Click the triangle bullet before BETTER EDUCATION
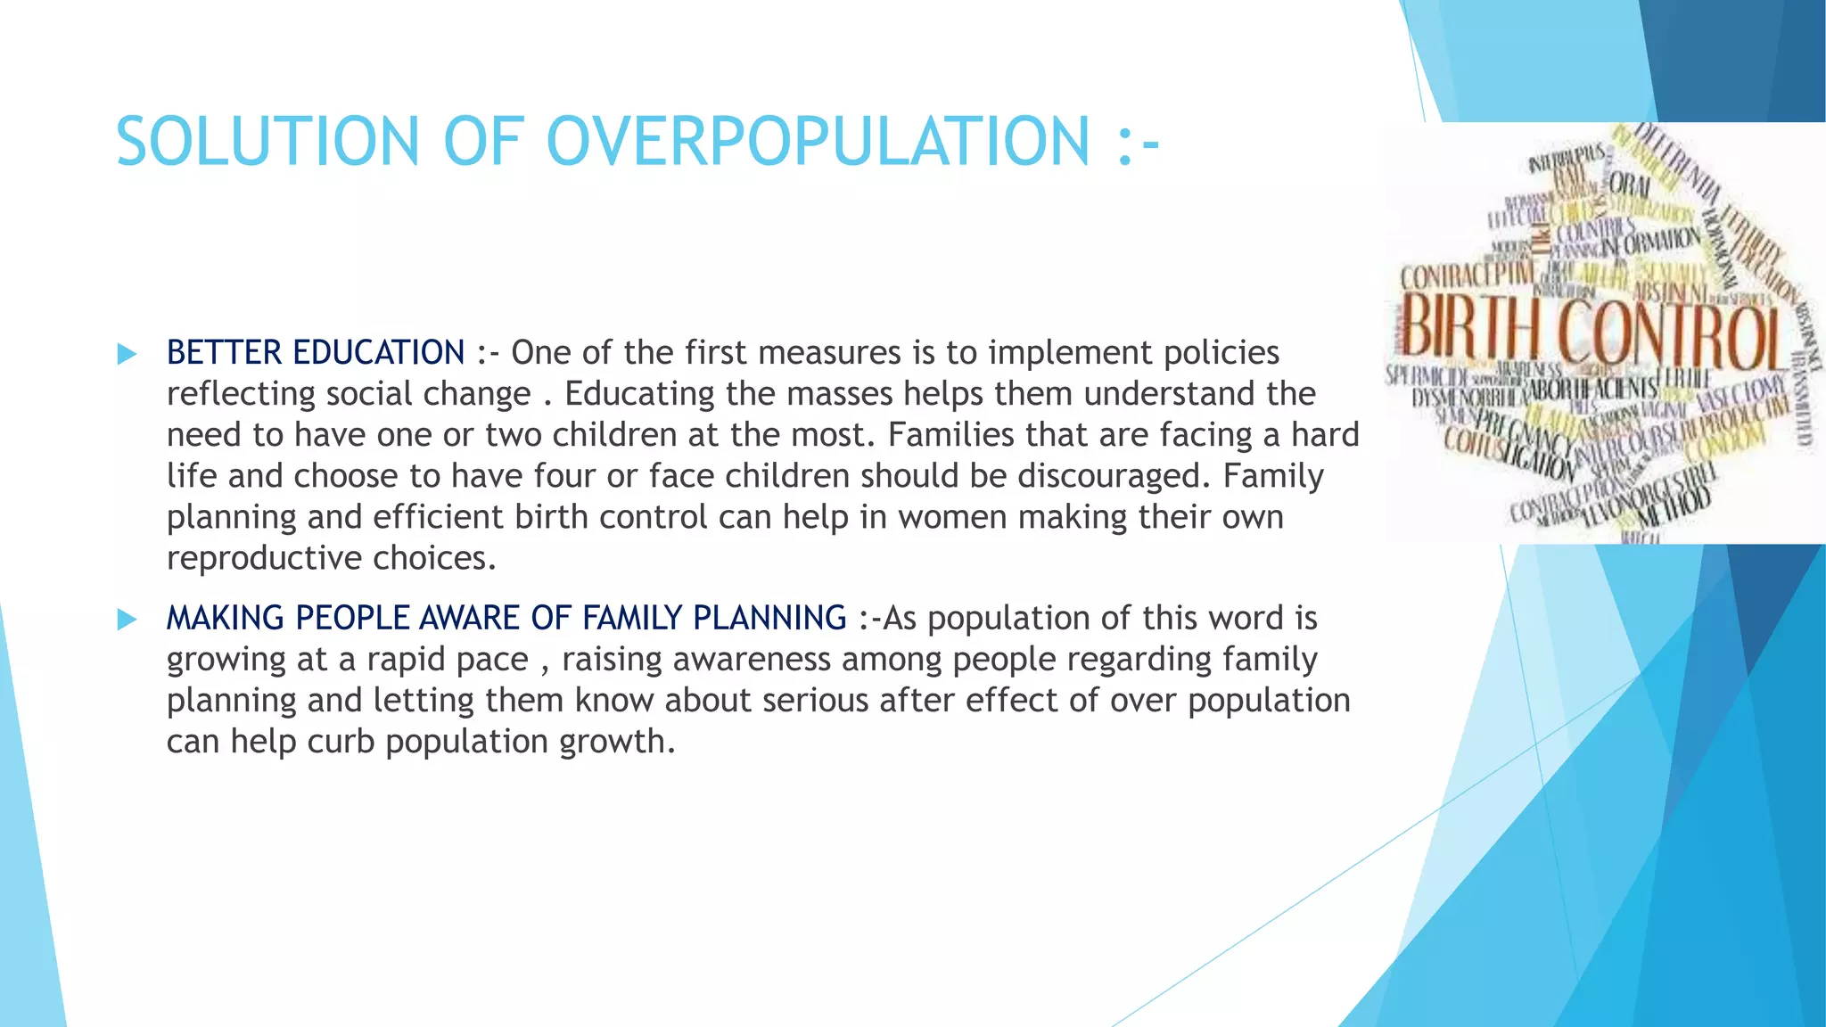tap(127, 354)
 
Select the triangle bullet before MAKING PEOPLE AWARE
tap(127, 620)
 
